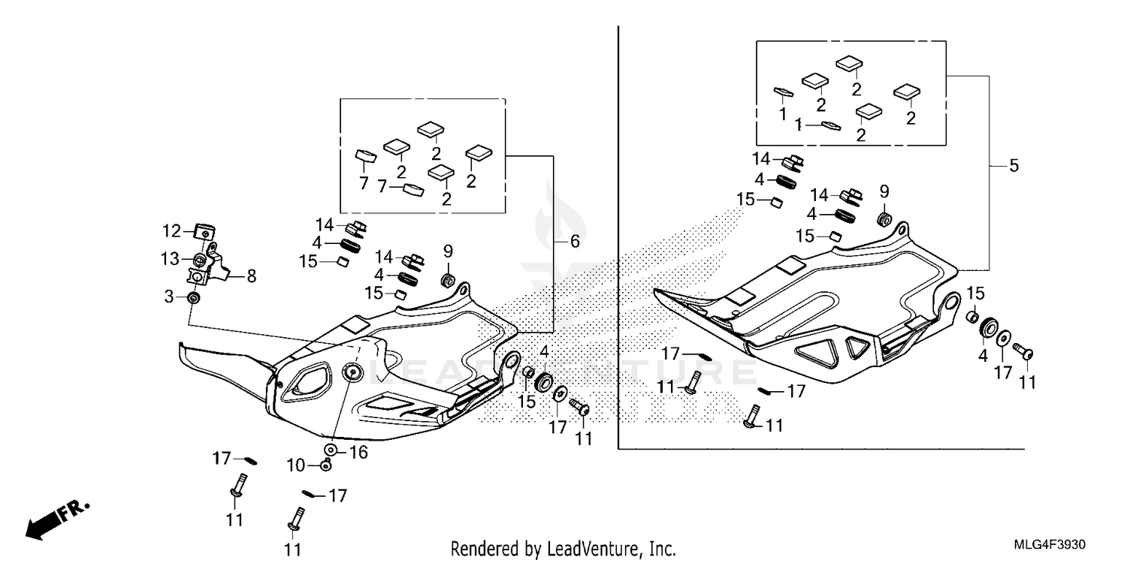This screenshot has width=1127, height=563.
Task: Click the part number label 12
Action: coord(171,230)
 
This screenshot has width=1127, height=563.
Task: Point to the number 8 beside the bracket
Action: coord(251,276)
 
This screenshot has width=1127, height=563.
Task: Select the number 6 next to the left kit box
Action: coord(575,241)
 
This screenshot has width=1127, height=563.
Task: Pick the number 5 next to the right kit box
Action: coord(1014,166)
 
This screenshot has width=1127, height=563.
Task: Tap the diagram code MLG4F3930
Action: coord(1056,543)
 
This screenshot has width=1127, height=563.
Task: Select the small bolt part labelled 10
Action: coord(325,465)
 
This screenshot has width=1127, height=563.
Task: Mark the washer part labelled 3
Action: coord(194,299)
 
